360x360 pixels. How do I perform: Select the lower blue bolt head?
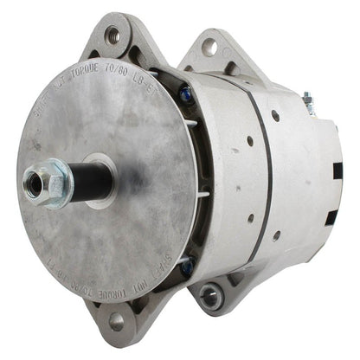(x=185, y=269)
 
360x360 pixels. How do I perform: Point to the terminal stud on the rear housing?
(x=331, y=102)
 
